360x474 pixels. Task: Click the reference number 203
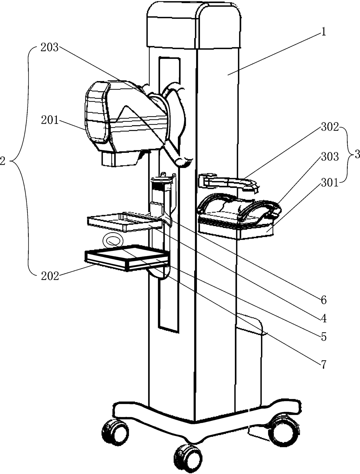point(49,48)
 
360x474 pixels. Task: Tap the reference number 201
point(50,120)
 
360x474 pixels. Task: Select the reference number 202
point(50,276)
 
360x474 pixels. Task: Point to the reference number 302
point(330,127)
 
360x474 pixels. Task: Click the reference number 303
point(330,157)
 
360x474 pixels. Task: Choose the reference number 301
point(330,183)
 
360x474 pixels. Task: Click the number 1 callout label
point(323,32)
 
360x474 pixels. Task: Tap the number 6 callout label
point(323,300)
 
